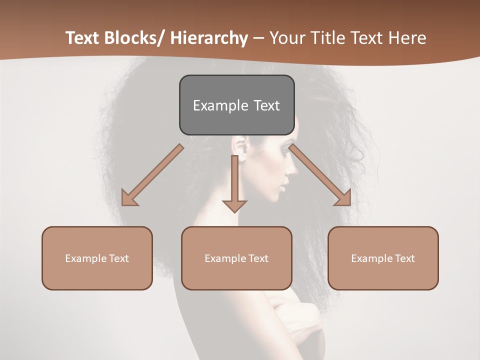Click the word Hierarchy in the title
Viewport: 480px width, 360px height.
(209, 38)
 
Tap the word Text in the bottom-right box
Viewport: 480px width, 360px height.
(404, 258)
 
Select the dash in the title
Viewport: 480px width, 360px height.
(258, 38)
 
